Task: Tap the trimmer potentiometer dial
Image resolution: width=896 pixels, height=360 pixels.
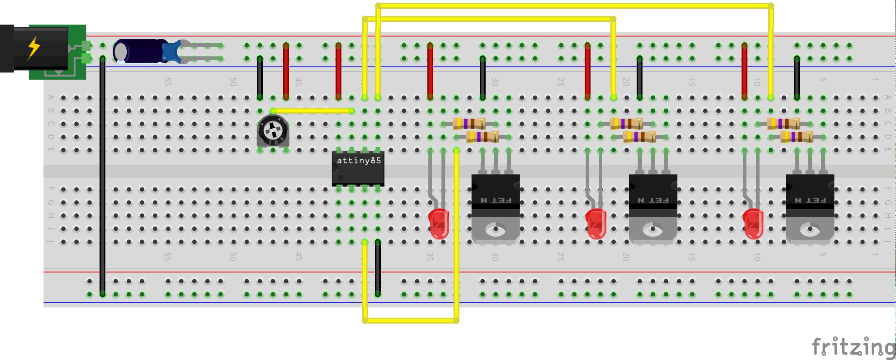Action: coord(272,130)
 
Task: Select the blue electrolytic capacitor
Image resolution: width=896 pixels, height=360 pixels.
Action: coord(138,51)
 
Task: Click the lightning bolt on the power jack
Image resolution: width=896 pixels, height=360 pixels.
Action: coord(34,48)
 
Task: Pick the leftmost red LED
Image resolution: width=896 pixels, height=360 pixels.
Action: coord(439,224)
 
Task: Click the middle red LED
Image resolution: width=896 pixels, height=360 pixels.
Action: coord(596,224)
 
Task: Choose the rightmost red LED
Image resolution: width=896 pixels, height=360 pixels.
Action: coord(753,224)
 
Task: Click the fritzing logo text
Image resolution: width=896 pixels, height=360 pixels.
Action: coord(853,347)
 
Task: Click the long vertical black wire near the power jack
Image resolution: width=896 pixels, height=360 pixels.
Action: coord(102,175)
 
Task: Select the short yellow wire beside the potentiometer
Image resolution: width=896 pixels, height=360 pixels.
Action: coord(312,111)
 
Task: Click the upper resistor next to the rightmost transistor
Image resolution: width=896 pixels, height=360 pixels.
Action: coord(783,124)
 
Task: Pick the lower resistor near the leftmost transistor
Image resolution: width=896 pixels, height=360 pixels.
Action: coord(482,137)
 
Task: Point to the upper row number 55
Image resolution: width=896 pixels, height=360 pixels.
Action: coord(168,82)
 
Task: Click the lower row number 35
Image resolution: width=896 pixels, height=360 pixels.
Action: coord(430,256)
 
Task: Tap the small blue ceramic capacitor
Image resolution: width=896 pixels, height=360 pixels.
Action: coord(171,51)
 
